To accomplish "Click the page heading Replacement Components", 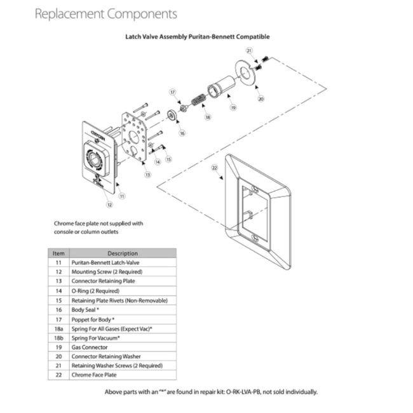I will click(106, 13).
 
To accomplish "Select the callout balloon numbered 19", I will click(233, 108).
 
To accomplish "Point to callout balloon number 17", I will click(172, 92).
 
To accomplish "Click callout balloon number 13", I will click(148, 173).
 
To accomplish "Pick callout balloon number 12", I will click(109, 204).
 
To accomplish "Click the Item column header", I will click(58, 253).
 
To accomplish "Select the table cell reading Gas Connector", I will click(90, 347).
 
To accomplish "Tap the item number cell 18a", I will click(58, 328).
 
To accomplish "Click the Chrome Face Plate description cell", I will click(94, 376).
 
